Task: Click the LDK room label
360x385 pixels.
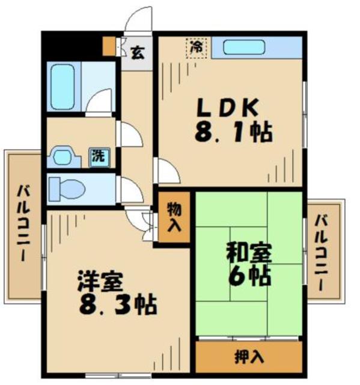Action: pos(229,108)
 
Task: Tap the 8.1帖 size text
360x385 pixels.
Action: pos(233,132)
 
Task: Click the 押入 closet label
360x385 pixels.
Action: pos(248,356)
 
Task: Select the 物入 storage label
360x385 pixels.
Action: pos(174,217)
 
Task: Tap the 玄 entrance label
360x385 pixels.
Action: pos(138,52)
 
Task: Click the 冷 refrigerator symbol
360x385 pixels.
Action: pos(197,46)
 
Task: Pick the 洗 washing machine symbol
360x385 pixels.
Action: pos(97,155)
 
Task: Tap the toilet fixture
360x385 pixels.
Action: pos(66,189)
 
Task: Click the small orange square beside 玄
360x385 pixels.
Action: pos(108,45)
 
